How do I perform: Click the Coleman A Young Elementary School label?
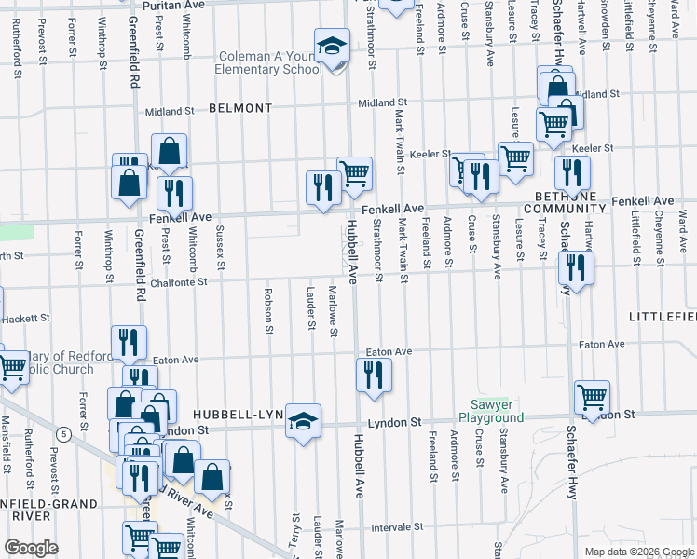(269, 62)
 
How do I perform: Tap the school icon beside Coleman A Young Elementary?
(330, 47)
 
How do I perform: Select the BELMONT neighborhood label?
(240, 108)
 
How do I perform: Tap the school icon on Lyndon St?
(303, 422)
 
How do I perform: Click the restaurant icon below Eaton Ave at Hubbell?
(374, 375)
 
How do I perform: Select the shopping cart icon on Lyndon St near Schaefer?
(593, 398)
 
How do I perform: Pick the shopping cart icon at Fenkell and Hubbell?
(354, 173)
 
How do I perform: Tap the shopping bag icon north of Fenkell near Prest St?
(170, 151)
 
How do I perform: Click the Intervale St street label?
(398, 527)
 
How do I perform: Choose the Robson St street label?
(269, 315)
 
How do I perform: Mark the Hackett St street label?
(25, 319)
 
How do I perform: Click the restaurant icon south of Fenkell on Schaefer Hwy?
(576, 268)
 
